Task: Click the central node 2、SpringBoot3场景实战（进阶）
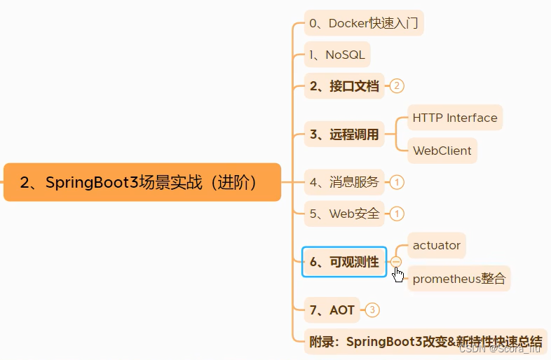tap(142, 183)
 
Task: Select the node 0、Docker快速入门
tap(364, 24)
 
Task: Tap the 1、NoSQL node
tap(336, 55)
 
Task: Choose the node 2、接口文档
tap(344, 86)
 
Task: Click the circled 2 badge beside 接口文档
tap(397, 86)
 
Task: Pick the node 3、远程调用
tap(344, 134)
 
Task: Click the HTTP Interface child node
tap(455, 118)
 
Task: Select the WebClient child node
tap(442, 151)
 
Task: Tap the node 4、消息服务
tap(344, 182)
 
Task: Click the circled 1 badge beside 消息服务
tap(397, 182)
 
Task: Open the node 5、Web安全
tap(344, 214)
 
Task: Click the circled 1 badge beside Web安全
tap(397, 214)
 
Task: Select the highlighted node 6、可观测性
tap(344, 262)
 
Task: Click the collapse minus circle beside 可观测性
tap(396, 261)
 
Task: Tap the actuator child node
tap(437, 245)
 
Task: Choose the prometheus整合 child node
tap(458, 279)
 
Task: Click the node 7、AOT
tap(332, 310)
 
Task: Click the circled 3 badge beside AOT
tap(372, 310)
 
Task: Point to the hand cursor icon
tap(398, 274)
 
